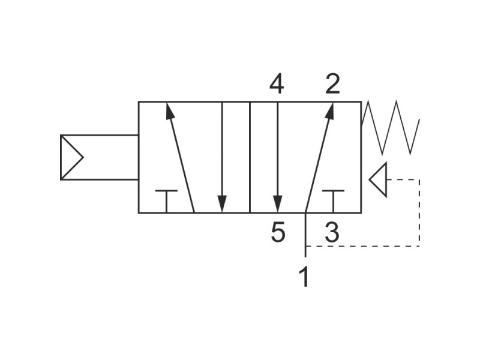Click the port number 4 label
[x=277, y=84]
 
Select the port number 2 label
[x=333, y=84]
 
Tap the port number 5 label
[x=278, y=232]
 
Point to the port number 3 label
[x=332, y=232]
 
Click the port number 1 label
[x=304, y=277]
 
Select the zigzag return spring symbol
[x=391, y=127]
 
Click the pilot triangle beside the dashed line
[x=379, y=179]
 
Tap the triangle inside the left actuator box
[x=71, y=157]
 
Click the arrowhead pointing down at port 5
[x=278, y=203]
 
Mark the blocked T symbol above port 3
[x=333, y=201]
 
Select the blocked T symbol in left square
[x=166, y=201]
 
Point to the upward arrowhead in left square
[x=169, y=111]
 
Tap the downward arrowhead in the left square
[x=222, y=203]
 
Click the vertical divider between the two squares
[x=250, y=157]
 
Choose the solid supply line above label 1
[x=305, y=235]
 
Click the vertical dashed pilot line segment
[x=419, y=213]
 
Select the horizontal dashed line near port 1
[x=363, y=246]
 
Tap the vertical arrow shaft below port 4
[x=278, y=149]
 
